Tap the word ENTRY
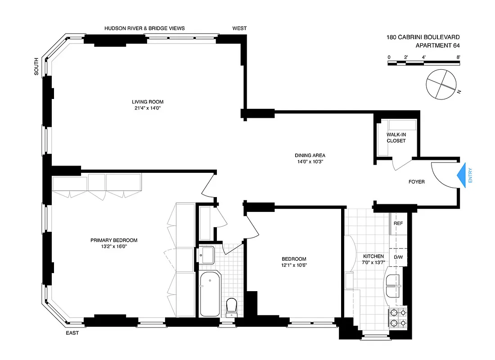pyautogui.click(x=470, y=175)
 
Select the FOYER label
pyautogui.click(x=416, y=182)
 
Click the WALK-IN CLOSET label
pyautogui.click(x=396, y=138)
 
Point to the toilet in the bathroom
pyautogui.click(x=232, y=307)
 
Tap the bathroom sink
pyautogui.click(x=207, y=255)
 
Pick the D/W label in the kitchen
pyautogui.click(x=398, y=257)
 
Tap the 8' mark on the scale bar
pyautogui.click(x=458, y=57)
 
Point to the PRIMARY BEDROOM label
pyautogui.click(x=114, y=240)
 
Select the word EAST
pyautogui.click(x=72, y=333)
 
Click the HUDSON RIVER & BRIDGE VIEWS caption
pyautogui.click(x=144, y=28)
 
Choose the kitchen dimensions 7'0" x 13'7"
pyautogui.click(x=373, y=262)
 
